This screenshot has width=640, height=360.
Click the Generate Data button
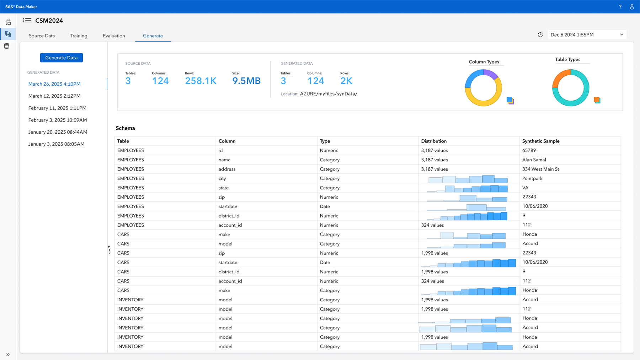(61, 58)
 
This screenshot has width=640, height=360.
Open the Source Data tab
(42, 36)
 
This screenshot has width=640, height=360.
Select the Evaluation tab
(114, 36)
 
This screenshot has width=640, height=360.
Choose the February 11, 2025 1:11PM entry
(57, 108)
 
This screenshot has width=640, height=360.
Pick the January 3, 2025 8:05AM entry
(56, 144)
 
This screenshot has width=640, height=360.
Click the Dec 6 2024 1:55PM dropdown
(587, 35)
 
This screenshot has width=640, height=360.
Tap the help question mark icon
(620, 7)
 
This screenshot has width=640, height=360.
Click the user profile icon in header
(632, 7)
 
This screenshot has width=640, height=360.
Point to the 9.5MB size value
(246, 81)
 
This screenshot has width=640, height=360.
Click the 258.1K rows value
(201, 81)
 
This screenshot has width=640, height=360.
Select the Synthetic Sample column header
(540, 141)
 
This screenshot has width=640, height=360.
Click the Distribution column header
(434, 141)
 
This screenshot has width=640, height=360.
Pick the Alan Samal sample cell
(534, 160)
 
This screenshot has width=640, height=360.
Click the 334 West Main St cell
(540, 169)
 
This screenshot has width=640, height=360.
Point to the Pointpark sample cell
(532, 178)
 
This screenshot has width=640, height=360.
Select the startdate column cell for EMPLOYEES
(228, 206)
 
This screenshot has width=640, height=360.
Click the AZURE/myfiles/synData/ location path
(329, 94)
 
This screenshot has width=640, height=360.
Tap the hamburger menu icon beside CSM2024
(27, 20)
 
